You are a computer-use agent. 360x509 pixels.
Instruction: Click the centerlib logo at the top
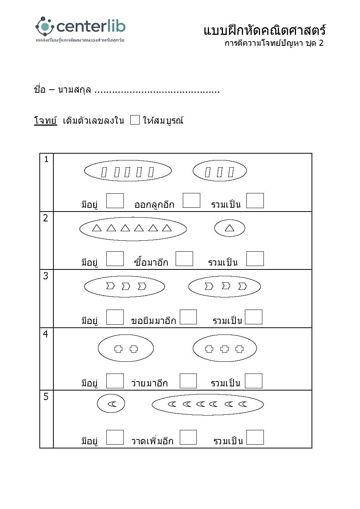(80, 28)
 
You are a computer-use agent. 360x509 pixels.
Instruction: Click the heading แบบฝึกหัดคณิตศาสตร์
(264, 30)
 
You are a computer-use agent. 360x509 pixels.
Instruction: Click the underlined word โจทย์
(45, 121)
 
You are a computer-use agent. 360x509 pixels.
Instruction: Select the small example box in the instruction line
(135, 120)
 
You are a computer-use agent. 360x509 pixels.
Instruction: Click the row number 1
(46, 159)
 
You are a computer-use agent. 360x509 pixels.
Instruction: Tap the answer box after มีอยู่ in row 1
(115, 201)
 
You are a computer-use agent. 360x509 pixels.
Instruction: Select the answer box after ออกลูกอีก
(191, 200)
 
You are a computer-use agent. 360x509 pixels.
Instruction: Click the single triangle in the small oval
(229, 228)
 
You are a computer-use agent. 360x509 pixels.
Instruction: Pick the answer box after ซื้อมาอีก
(184, 258)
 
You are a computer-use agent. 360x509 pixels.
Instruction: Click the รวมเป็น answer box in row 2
(255, 258)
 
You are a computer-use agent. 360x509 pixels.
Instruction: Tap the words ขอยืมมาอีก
(153, 321)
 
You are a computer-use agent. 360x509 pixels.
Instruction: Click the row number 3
(46, 276)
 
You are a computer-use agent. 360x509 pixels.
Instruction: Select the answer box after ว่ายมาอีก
(188, 381)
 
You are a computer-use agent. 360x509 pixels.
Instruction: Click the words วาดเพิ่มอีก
(152, 441)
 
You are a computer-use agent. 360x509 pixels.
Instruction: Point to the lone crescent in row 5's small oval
(111, 404)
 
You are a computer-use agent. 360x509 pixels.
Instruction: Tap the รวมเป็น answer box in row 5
(255, 437)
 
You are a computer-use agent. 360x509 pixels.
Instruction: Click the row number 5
(46, 397)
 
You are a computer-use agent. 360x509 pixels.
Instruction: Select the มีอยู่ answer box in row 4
(115, 381)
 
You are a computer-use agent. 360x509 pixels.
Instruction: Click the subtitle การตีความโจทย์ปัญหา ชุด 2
(274, 43)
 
